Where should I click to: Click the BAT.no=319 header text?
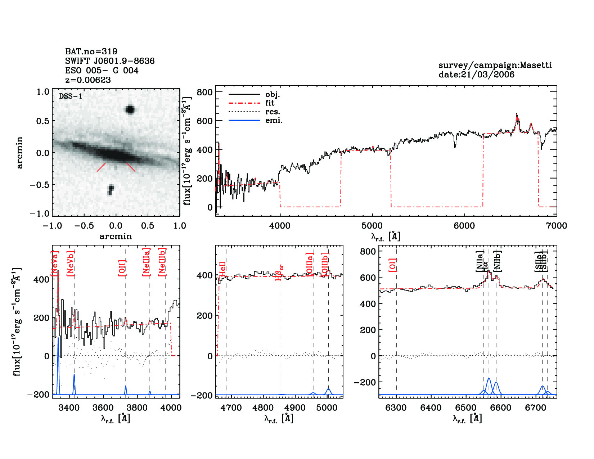(91, 51)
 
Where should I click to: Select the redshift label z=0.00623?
(88, 80)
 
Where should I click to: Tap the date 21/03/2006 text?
(476, 75)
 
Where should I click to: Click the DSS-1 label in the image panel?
(71, 96)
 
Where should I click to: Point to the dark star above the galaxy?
(130, 110)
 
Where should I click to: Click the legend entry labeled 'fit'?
(270, 103)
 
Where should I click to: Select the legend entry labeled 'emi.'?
(274, 120)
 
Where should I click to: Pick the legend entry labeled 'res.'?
(273, 112)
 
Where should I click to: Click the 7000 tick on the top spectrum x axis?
(556, 226)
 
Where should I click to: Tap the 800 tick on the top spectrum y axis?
(204, 92)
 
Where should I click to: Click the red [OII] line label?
(122, 267)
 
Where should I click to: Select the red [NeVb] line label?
(71, 264)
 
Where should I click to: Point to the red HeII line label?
(222, 269)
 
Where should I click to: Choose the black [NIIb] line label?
(498, 261)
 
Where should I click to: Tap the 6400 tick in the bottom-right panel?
(431, 408)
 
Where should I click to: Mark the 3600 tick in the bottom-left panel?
(103, 408)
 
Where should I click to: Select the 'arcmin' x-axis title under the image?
(116, 236)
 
